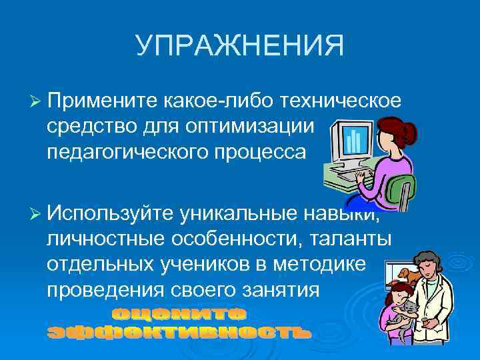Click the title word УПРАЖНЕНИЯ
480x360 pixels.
[239, 46]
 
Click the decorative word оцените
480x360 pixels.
[178, 313]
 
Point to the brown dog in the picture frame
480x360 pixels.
[403, 273]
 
